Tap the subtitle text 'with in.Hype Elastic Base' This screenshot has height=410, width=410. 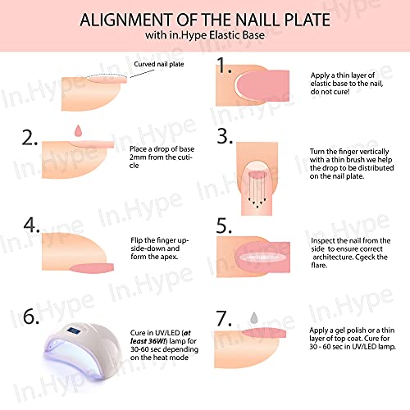(205, 35)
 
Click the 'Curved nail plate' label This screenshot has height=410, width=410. (159, 64)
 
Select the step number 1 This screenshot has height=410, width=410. (224, 66)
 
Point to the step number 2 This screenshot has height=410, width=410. (30, 138)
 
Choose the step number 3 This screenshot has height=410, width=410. (225, 136)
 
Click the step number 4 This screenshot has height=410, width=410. (31, 225)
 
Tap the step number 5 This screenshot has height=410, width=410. (224, 226)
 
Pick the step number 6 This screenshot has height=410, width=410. (31, 317)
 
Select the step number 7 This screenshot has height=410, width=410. (224, 318)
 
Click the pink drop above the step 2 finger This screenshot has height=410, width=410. (79, 131)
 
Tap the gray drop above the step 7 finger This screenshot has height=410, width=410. (254, 318)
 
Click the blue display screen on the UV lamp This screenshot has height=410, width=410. (75, 331)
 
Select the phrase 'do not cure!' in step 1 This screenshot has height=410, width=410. (330, 92)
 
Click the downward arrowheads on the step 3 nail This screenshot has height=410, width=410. (257, 203)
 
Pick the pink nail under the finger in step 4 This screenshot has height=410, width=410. (92, 268)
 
